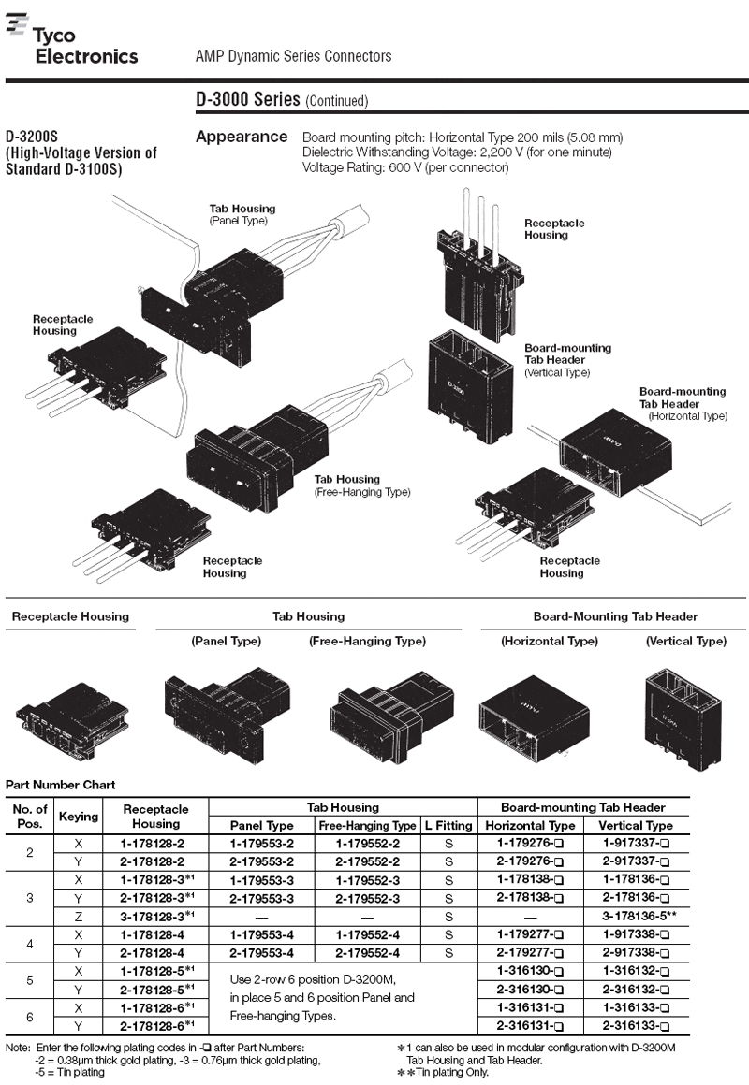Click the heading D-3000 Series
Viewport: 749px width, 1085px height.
[x=247, y=100]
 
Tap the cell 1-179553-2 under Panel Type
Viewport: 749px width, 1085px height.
[x=262, y=844]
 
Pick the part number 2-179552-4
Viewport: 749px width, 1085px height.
[x=367, y=953]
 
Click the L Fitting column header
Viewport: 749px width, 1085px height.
[x=448, y=826]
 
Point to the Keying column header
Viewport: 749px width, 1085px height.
[x=79, y=817]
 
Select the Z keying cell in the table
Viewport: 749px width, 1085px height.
[x=79, y=916]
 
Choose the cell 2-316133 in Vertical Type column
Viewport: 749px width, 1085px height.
[x=636, y=1026]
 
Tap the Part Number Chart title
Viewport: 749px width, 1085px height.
[x=60, y=785]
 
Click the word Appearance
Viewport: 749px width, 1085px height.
[x=242, y=137]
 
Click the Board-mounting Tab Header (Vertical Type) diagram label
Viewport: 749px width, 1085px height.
[x=567, y=360]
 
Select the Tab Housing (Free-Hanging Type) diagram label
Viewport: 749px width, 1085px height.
[x=361, y=485]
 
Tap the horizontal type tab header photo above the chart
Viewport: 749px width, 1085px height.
[x=535, y=718]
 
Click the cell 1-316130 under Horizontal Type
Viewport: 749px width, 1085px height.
[x=529, y=971]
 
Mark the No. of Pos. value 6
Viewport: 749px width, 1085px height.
[x=30, y=1018]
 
